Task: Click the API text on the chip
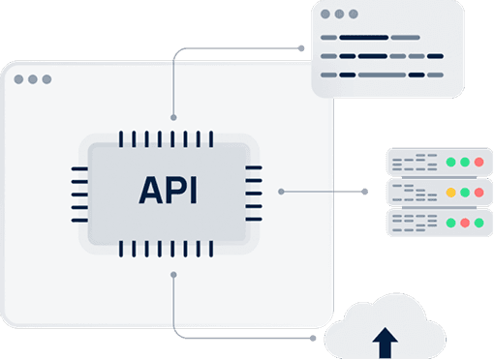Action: tap(169, 190)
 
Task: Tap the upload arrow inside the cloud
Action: tap(386, 341)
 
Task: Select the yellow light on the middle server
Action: tap(450, 192)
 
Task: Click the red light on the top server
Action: tap(479, 162)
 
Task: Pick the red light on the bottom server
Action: tap(465, 223)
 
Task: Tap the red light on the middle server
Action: tap(479, 192)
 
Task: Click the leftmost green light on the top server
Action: tap(450, 162)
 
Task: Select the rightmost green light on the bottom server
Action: tap(479, 223)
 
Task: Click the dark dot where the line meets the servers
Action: tap(365, 192)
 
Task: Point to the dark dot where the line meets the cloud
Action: tap(313, 339)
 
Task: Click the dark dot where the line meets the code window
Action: tap(300, 45)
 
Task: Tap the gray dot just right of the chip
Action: tap(281, 191)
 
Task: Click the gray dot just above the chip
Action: tap(173, 117)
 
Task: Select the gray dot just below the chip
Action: tap(173, 275)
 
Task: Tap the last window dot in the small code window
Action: tap(353, 15)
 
